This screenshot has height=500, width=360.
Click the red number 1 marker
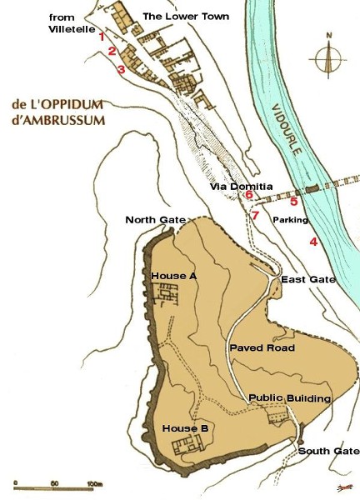pyautogui.click(x=102, y=36)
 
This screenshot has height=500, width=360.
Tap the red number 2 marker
pyautogui.click(x=111, y=52)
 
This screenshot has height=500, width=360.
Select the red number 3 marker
pyautogui.click(x=121, y=69)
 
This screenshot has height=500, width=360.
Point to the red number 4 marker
pyautogui.click(x=312, y=242)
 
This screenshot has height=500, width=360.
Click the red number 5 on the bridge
pyautogui.click(x=293, y=201)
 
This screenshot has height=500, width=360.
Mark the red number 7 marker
pyautogui.click(x=255, y=215)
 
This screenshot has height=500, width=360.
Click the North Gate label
pyautogui.click(x=155, y=220)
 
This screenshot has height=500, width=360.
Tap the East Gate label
pyautogui.click(x=307, y=279)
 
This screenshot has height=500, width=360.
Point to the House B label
pyautogui.click(x=185, y=428)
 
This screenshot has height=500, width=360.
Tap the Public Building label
pyautogui.click(x=290, y=398)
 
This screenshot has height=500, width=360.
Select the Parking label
pyautogui.click(x=291, y=220)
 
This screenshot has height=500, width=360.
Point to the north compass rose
pyautogui.click(x=330, y=58)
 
